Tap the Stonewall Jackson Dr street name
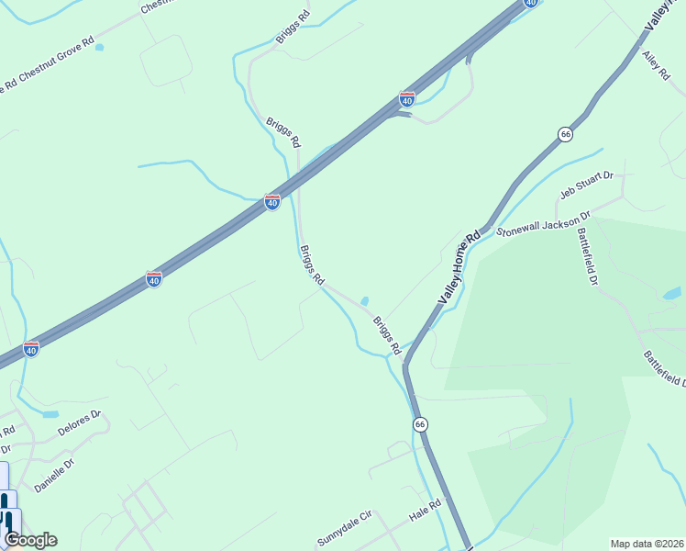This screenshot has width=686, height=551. [544, 225]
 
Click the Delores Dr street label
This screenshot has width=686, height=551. [78, 424]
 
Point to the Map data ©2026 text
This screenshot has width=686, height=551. [647, 544]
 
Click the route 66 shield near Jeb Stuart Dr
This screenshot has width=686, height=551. [565, 134]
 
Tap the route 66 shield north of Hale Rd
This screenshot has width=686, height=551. [419, 424]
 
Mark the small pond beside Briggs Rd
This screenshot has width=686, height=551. [365, 300]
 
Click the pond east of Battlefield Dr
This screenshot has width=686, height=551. [672, 294]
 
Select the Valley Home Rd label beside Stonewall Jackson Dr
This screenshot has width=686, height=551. [459, 267]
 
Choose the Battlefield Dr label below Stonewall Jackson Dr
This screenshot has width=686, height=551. [587, 253]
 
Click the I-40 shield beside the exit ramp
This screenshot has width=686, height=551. [407, 97]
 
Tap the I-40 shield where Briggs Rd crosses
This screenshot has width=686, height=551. [272, 201]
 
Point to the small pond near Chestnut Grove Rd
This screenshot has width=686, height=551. [99, 47]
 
